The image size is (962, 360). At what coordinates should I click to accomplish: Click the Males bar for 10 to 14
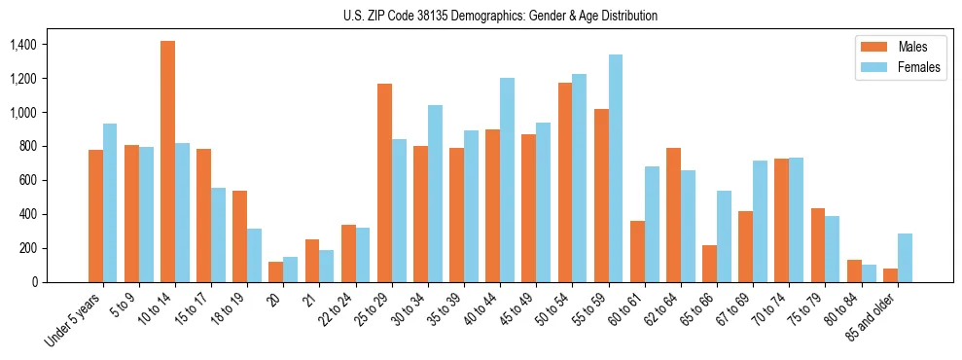coord(168,162)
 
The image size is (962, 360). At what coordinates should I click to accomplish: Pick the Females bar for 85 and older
coord(905,258)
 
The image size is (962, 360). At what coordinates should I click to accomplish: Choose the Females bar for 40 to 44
coord(507,180)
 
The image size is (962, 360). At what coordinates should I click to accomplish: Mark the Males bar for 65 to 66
coord(710,264)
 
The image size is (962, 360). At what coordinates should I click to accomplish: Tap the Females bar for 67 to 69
coord(761,221)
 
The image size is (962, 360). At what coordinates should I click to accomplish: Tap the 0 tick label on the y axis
coord(34,282)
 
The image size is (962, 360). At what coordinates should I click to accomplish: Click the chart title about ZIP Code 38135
coord(500,16)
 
